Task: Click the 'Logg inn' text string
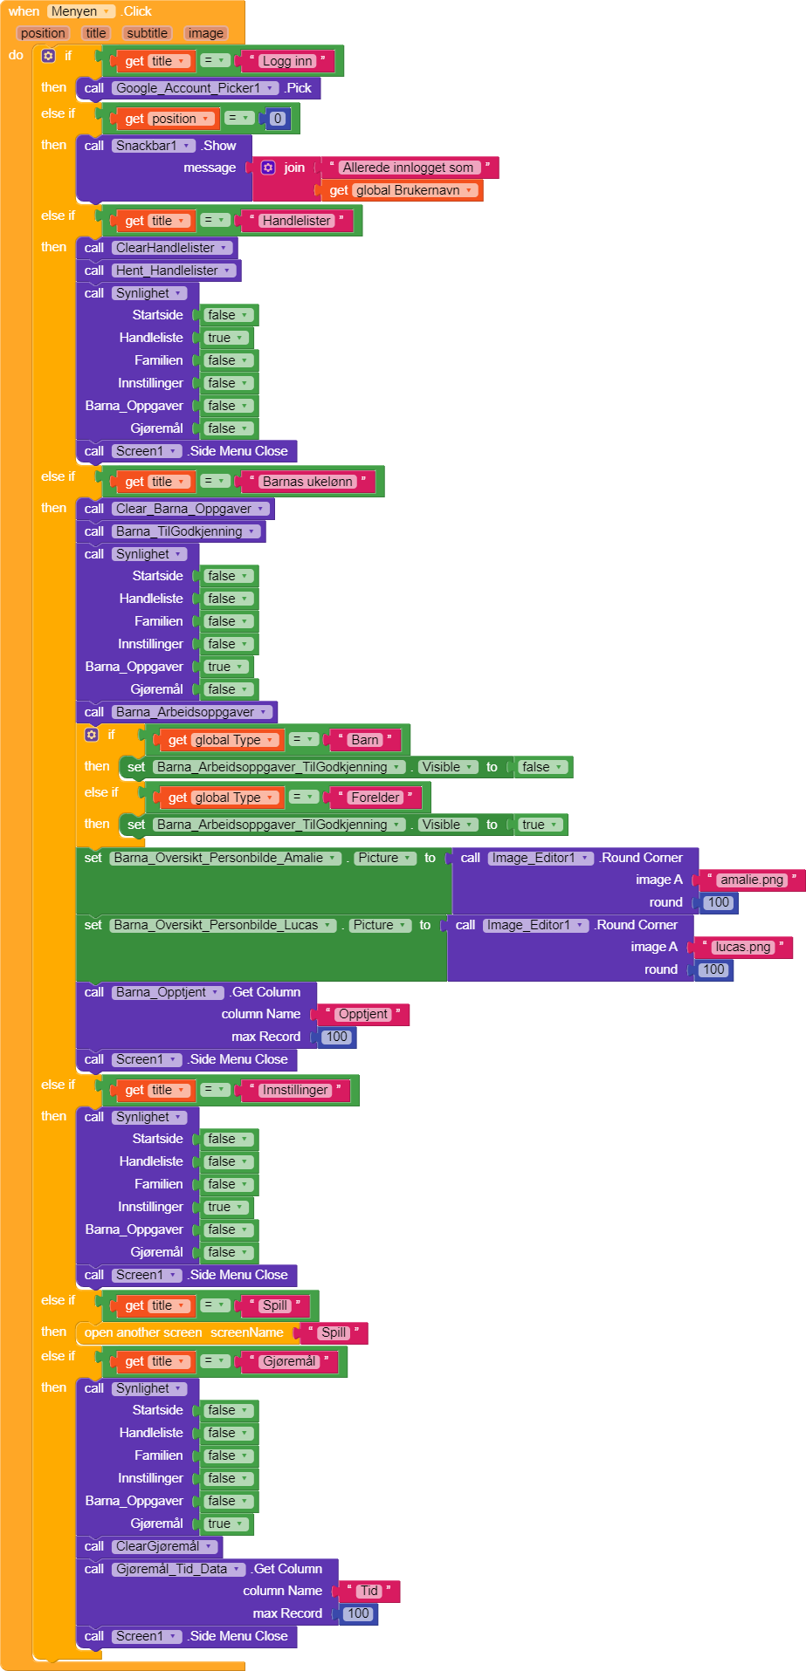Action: (x=287, y=61)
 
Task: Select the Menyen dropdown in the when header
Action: (x=80, y=11)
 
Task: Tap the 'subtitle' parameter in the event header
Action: (x=147, y=33)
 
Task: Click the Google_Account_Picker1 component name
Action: (x=189, y=88)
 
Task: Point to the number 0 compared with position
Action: (x=278, y=119)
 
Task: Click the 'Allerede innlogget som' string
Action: (x=407, y=168)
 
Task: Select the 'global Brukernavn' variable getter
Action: (x=407, y=190)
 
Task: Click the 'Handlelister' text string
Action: (x=296, y=221)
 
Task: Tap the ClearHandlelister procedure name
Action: (x=166, y=248)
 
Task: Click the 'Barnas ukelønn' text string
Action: (x=307, y=482)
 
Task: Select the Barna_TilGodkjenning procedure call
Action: (x=180, y=531)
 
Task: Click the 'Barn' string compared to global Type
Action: (x=364, y=740)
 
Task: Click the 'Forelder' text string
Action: (x=375, y=798)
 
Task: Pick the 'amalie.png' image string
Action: (x=751, y=880)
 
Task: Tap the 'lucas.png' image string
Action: (x=742, y=947)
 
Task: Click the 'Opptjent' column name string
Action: (x=362, y=1014)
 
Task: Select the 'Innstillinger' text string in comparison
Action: (x=295, y=1090)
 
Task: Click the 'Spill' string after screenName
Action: (x=334, y=1332)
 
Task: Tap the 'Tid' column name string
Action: (x=369, y=1591)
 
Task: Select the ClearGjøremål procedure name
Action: (x=158, y=1546)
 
